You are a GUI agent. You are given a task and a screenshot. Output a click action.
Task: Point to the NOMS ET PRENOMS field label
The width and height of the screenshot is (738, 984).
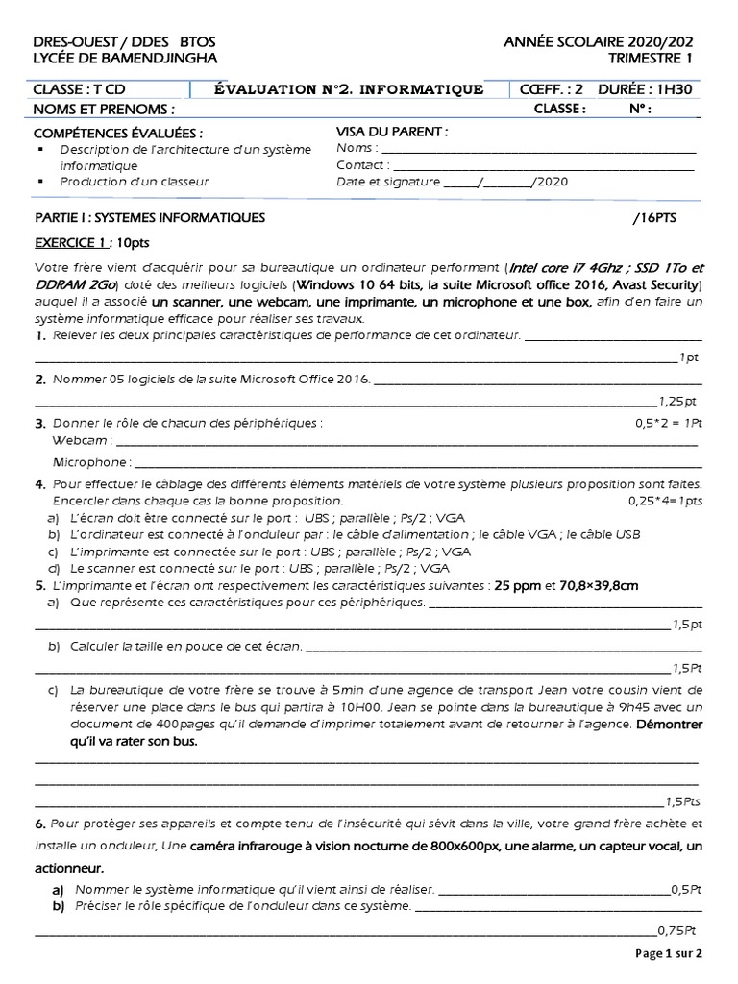(x=105, y=109)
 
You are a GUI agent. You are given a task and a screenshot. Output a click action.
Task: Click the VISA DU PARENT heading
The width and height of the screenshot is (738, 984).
(x=391, y=131)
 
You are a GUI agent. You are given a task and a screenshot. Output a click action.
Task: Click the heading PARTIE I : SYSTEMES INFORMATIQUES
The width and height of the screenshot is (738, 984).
(x=150, y=218)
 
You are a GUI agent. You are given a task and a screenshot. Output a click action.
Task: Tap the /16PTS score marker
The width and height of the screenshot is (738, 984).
(x=654, y=218)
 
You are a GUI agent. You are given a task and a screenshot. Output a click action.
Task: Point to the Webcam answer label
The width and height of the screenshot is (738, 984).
(x=82, y=441)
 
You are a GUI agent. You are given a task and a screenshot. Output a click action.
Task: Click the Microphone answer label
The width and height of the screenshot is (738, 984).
(x=90, y=462)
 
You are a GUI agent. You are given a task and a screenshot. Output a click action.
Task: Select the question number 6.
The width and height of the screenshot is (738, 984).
(x=40, y=824)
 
